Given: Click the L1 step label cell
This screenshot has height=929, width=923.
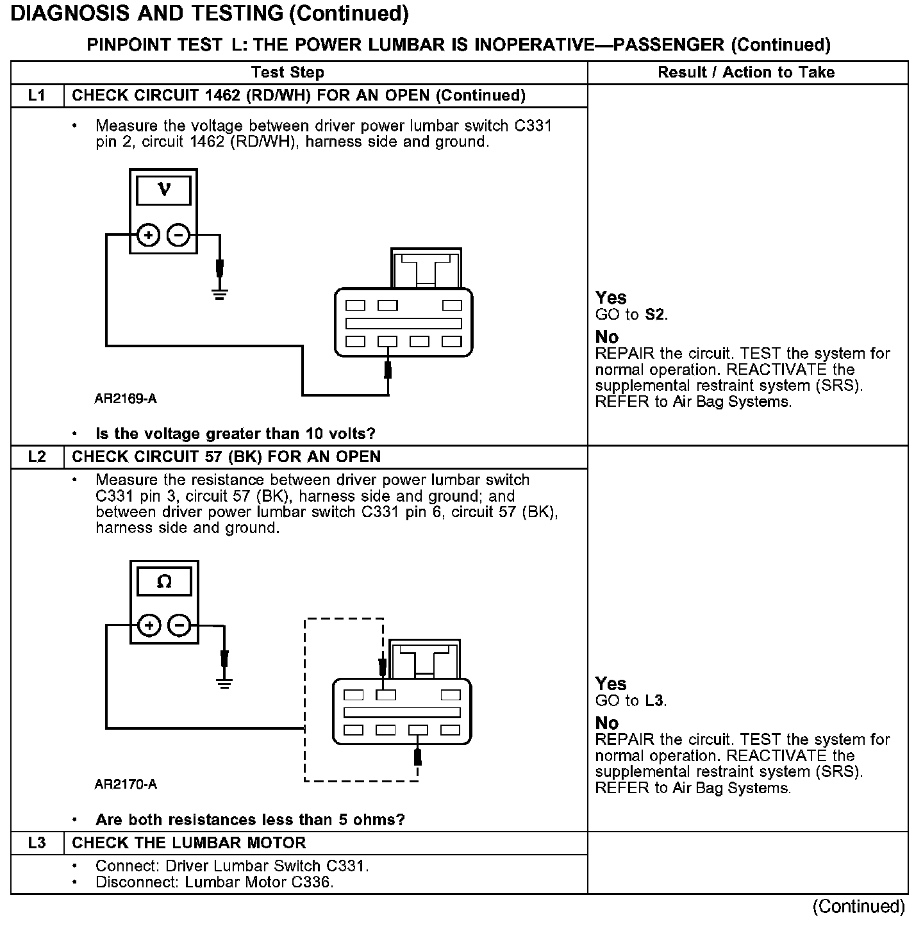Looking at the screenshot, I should (37, 96).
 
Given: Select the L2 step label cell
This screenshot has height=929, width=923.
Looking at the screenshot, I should (37, 457).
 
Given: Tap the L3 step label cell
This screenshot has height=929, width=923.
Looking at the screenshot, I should (37, 843).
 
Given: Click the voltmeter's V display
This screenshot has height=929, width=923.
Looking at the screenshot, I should (163, 190).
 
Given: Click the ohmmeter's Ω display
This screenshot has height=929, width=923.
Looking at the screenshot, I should (164, 582).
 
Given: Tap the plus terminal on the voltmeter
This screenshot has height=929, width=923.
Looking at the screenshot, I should (149, 236).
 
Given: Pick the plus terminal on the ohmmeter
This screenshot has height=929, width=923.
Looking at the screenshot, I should (149, 625).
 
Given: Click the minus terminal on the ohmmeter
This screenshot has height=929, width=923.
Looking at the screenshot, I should (179, 625).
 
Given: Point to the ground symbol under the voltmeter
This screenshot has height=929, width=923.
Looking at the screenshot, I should (220, 295).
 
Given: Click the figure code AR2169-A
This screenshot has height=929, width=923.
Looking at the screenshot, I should (126, 399).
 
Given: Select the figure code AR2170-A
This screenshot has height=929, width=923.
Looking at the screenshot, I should (126, 785).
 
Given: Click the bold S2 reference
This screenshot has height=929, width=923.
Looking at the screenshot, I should (655, 315).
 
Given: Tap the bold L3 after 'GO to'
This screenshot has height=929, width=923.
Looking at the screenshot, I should (654, 701).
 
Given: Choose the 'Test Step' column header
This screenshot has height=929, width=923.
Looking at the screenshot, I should (288, 72).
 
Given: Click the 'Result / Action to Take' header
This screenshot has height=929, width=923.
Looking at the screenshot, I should (746, 72).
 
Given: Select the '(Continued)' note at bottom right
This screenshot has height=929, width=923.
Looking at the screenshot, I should (858, 907).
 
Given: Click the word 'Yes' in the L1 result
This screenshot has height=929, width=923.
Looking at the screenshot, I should (610, 298).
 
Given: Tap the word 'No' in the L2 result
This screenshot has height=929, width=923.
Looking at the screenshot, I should (607, 723).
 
